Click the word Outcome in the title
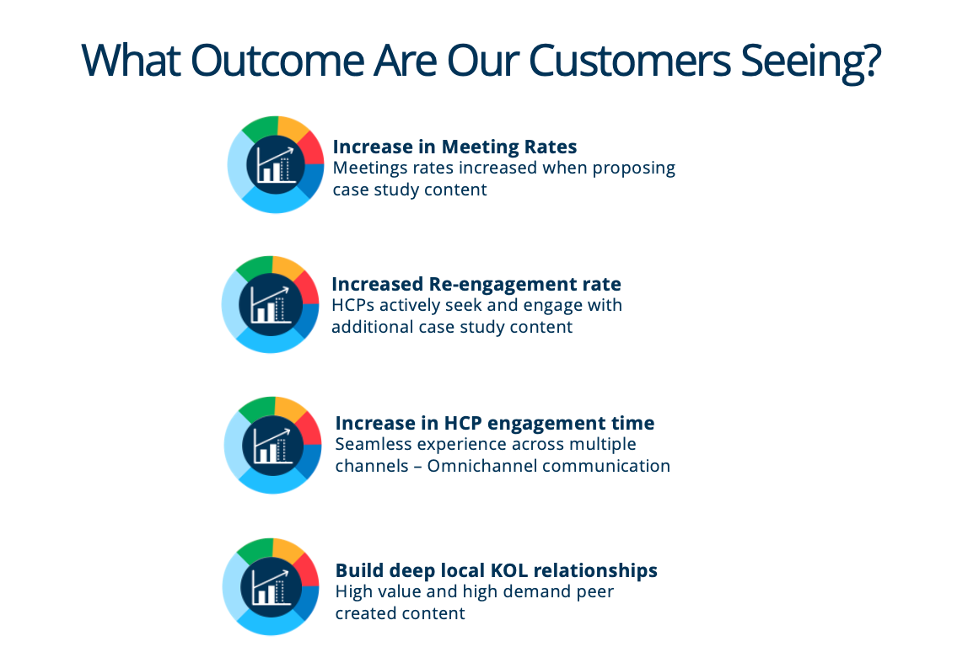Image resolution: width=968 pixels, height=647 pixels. pos(277,61)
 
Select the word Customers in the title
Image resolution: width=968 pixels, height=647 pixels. pos(630,61)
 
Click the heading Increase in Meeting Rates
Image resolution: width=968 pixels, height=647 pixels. pos(454,147)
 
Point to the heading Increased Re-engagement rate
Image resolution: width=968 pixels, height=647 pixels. pos(476,284)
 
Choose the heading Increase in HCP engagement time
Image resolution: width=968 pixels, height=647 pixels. pos(494,423)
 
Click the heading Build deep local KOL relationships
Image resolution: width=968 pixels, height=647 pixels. pos(497,570)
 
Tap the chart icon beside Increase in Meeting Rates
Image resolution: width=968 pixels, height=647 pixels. pos(276,164)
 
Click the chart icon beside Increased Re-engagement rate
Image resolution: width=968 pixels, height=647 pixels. pos(271,305)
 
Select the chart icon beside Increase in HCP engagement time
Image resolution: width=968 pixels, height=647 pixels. pos(273,445)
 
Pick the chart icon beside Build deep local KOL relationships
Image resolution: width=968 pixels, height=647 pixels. pos(271,586)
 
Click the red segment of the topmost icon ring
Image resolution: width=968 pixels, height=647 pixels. pos(311,148)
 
